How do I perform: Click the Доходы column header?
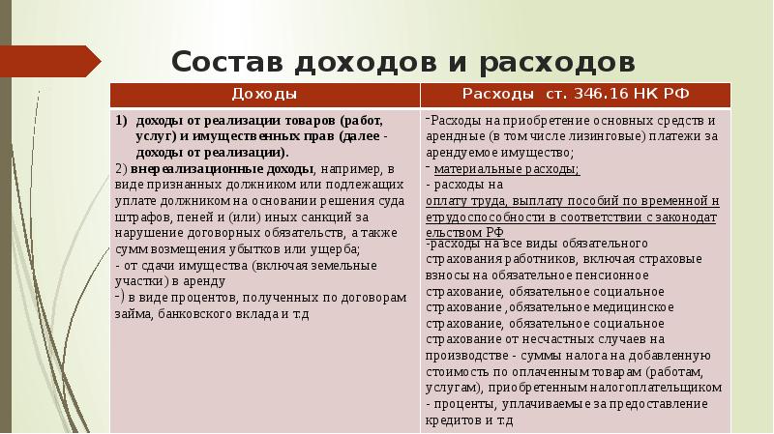click(264, 95)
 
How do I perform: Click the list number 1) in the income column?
click(122, 122)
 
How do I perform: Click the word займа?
click(133, 314)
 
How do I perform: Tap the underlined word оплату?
click(446, 201)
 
